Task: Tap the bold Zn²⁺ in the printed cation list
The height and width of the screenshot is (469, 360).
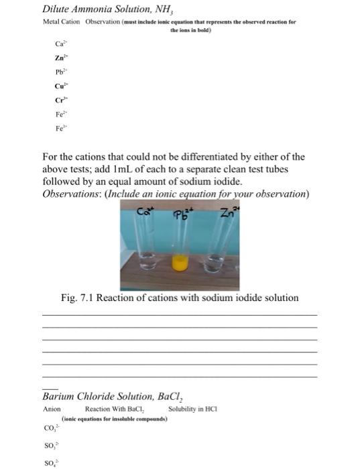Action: pos(60,58)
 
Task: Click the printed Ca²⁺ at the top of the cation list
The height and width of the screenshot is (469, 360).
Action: pos(60,44)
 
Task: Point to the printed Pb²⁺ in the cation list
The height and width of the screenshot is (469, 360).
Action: pos(60,72)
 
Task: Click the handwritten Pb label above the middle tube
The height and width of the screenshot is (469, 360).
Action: pos(181,214)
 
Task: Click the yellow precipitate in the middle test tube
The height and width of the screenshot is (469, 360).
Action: pos(180,263)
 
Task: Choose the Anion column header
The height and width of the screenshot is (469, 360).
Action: pos(52,409)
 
